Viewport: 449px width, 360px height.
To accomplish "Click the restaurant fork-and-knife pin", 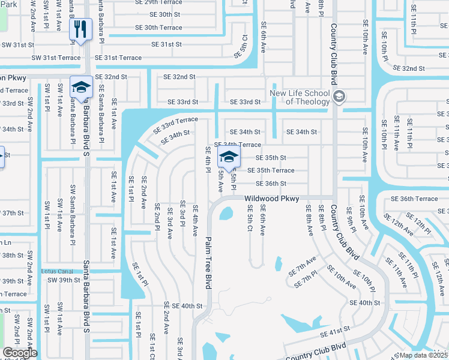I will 80,30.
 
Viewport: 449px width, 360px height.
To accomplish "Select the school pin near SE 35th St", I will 228,158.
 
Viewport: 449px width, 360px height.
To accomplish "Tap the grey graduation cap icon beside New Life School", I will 339,97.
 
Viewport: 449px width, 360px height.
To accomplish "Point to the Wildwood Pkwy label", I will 271,199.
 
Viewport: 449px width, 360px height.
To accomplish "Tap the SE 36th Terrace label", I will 414,199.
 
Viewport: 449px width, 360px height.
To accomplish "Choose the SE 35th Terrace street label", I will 275,170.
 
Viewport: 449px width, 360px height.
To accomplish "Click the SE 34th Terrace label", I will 238,145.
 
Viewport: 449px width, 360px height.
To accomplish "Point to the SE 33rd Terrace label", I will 175,124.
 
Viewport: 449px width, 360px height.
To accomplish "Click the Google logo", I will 20,353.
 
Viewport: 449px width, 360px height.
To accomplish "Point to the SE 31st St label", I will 166,44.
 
